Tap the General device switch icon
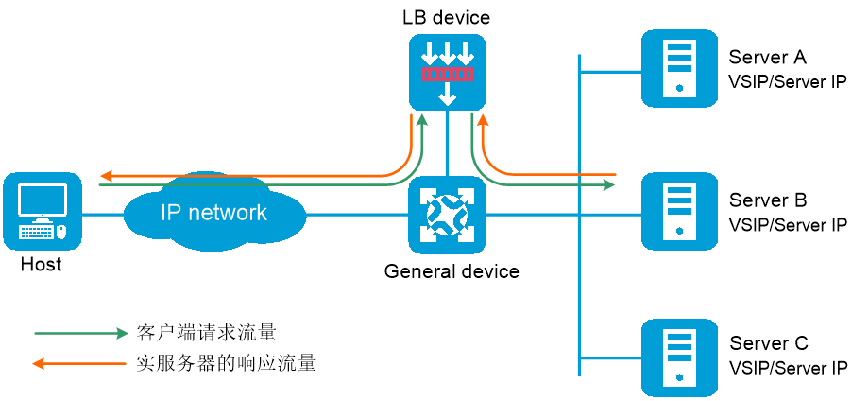tap(447, 216)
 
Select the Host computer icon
tap(43, 212)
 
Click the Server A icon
tap(680, 69)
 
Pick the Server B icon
tap(680, 211)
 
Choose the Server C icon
tap(680, 357)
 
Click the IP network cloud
tap(214, 213)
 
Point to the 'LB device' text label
tap(446, 17)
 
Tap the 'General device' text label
tap(452, 270)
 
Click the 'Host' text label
tap(42, 265)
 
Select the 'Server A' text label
tap(767, 57)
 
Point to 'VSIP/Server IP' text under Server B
tap(788, 225)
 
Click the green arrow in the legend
tap(80, 334)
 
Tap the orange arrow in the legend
tap(79, 363)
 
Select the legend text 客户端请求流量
tap(206, 333)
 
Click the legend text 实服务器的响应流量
tap(226, 362)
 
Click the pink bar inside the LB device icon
tap(448, 74)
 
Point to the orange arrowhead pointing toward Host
tap(106, 176)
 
